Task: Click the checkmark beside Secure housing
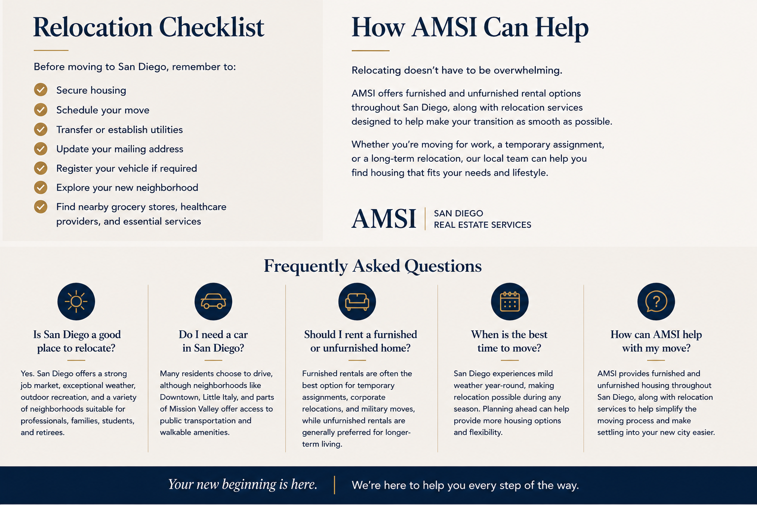(40, 90)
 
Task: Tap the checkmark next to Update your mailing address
(40, 148)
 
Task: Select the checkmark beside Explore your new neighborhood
(40, 187)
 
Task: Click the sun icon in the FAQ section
(76, 301)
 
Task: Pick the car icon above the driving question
(213, 301)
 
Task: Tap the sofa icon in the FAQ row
(357, 301)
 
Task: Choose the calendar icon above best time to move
(510, 301)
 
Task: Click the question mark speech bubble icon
(656, 301)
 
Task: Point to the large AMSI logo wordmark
(383, 219)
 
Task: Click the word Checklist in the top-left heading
(211, 27)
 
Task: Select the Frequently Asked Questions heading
(373, 266)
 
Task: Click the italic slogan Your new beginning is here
(242, 485)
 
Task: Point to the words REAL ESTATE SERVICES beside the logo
(482, 225)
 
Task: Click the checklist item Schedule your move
(103, 110)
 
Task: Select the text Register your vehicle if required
(126, 169)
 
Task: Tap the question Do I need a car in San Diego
(213, 341)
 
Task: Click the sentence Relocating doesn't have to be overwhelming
(457, 71)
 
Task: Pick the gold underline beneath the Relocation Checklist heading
(51, 50)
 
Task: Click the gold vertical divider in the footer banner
(334, 485)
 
